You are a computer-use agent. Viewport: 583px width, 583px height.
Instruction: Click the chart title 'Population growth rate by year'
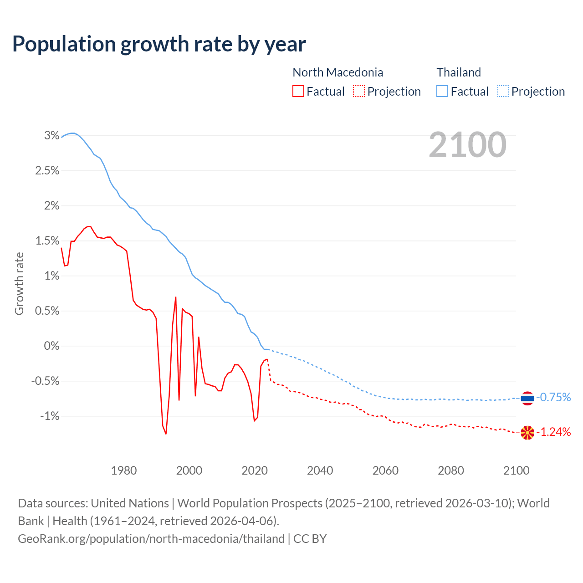point(159,44)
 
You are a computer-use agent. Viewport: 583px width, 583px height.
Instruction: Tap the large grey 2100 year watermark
point(467,145)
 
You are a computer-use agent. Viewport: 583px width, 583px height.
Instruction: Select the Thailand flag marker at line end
point(527,398)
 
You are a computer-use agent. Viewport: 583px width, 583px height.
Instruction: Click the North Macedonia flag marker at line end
point(527,433)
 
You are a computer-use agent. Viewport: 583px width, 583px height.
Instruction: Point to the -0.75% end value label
point(554,398)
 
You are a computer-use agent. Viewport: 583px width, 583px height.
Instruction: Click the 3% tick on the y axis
point(52,136)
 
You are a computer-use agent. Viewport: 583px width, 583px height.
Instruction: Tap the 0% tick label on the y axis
point(51,346)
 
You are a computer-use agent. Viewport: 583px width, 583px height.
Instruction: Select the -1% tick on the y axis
point(50,416)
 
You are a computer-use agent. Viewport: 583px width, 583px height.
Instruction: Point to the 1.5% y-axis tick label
point(47,241)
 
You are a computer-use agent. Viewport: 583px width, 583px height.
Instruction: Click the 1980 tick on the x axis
point(124,470)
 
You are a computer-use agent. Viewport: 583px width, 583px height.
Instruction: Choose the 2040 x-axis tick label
point(320,470)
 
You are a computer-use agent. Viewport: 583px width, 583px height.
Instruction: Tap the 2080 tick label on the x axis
point(451,470)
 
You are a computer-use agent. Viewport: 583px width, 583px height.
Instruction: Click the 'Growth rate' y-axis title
point(19,283)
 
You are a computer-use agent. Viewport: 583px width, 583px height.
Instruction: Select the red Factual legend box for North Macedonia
point(298,92)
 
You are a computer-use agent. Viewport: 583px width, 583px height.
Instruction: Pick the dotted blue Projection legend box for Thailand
point(503,92)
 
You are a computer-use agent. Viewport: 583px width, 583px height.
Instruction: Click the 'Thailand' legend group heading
point(459,72)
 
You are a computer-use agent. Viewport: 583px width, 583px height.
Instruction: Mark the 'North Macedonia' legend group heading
point(338,72)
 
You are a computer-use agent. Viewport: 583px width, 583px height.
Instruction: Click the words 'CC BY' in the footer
point(310,539)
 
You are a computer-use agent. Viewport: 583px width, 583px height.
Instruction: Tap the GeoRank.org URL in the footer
point(151,539)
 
